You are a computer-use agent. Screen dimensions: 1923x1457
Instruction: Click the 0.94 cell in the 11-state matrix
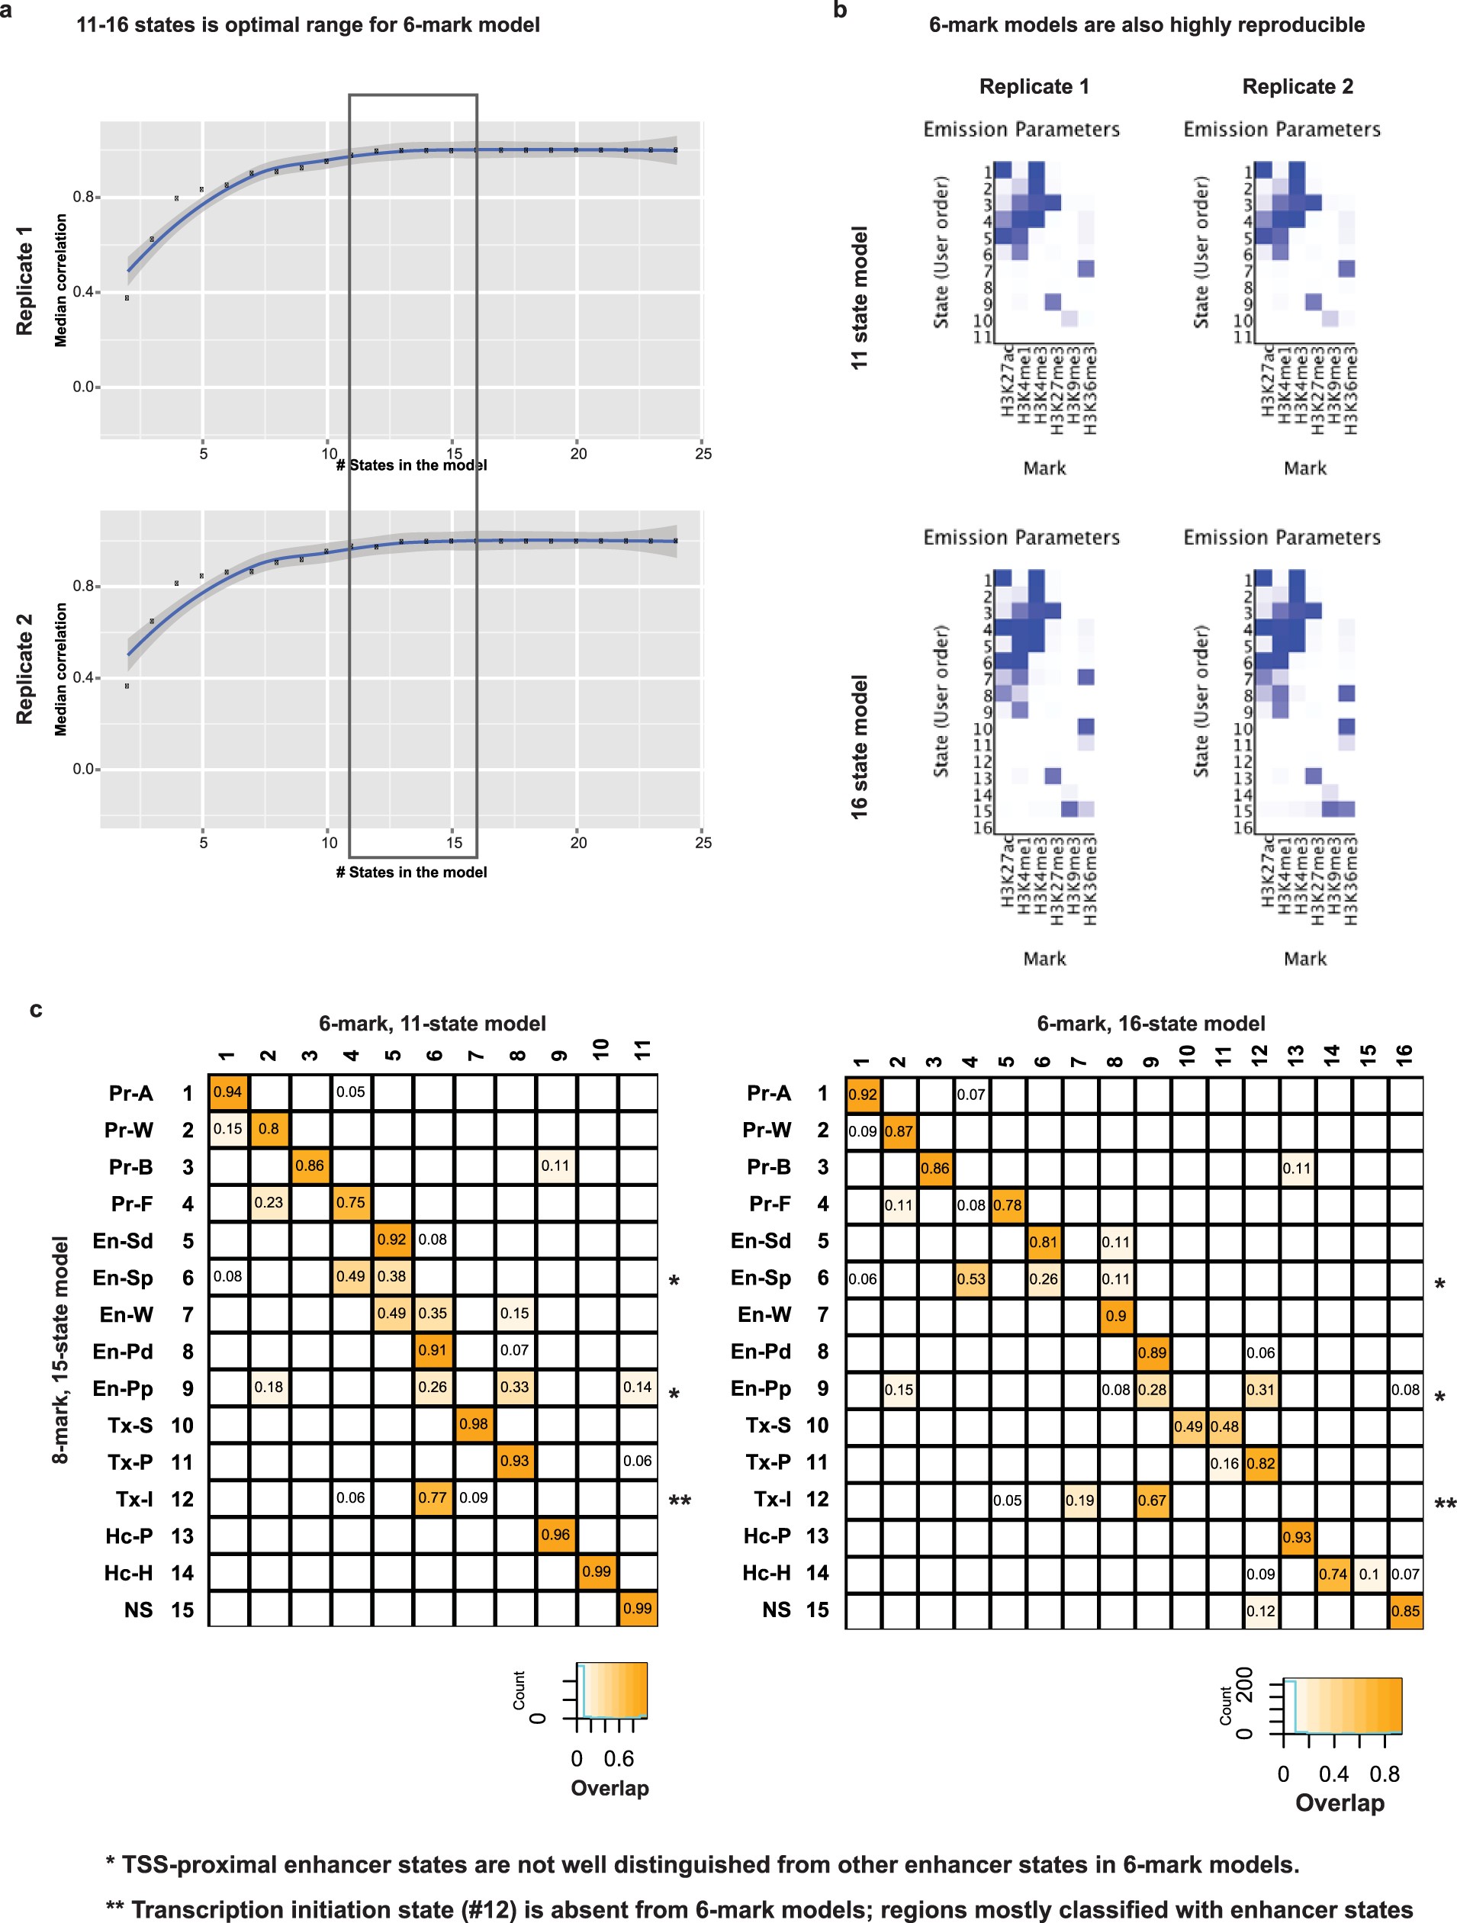228,1092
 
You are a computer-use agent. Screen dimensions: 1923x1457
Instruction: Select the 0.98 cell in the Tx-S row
474,1424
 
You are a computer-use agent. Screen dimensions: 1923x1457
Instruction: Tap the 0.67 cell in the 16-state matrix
1151,1500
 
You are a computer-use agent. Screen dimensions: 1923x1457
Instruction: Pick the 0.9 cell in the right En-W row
1115,1316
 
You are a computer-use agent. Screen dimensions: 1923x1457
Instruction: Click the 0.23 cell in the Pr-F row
269,1202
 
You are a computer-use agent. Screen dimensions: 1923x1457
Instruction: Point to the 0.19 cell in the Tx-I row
1079,1500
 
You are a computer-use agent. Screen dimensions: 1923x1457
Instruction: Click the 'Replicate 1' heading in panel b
1033,86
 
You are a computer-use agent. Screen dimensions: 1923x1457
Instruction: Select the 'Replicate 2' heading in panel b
1296,86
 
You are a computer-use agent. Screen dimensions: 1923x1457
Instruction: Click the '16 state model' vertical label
859,746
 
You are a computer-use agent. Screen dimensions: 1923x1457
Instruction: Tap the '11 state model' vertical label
859,297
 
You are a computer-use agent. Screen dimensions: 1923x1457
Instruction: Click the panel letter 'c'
36,1008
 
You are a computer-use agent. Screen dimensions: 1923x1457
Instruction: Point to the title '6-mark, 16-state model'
1150,1023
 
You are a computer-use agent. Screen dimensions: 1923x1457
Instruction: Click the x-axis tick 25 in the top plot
703,453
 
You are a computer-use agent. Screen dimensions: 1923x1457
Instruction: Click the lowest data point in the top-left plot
127,298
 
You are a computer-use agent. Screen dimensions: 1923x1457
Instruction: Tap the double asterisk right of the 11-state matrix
679,1500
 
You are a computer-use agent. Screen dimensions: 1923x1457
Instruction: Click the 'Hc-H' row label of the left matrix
128,1573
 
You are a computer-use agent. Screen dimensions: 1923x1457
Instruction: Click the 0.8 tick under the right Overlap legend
1384,1773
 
